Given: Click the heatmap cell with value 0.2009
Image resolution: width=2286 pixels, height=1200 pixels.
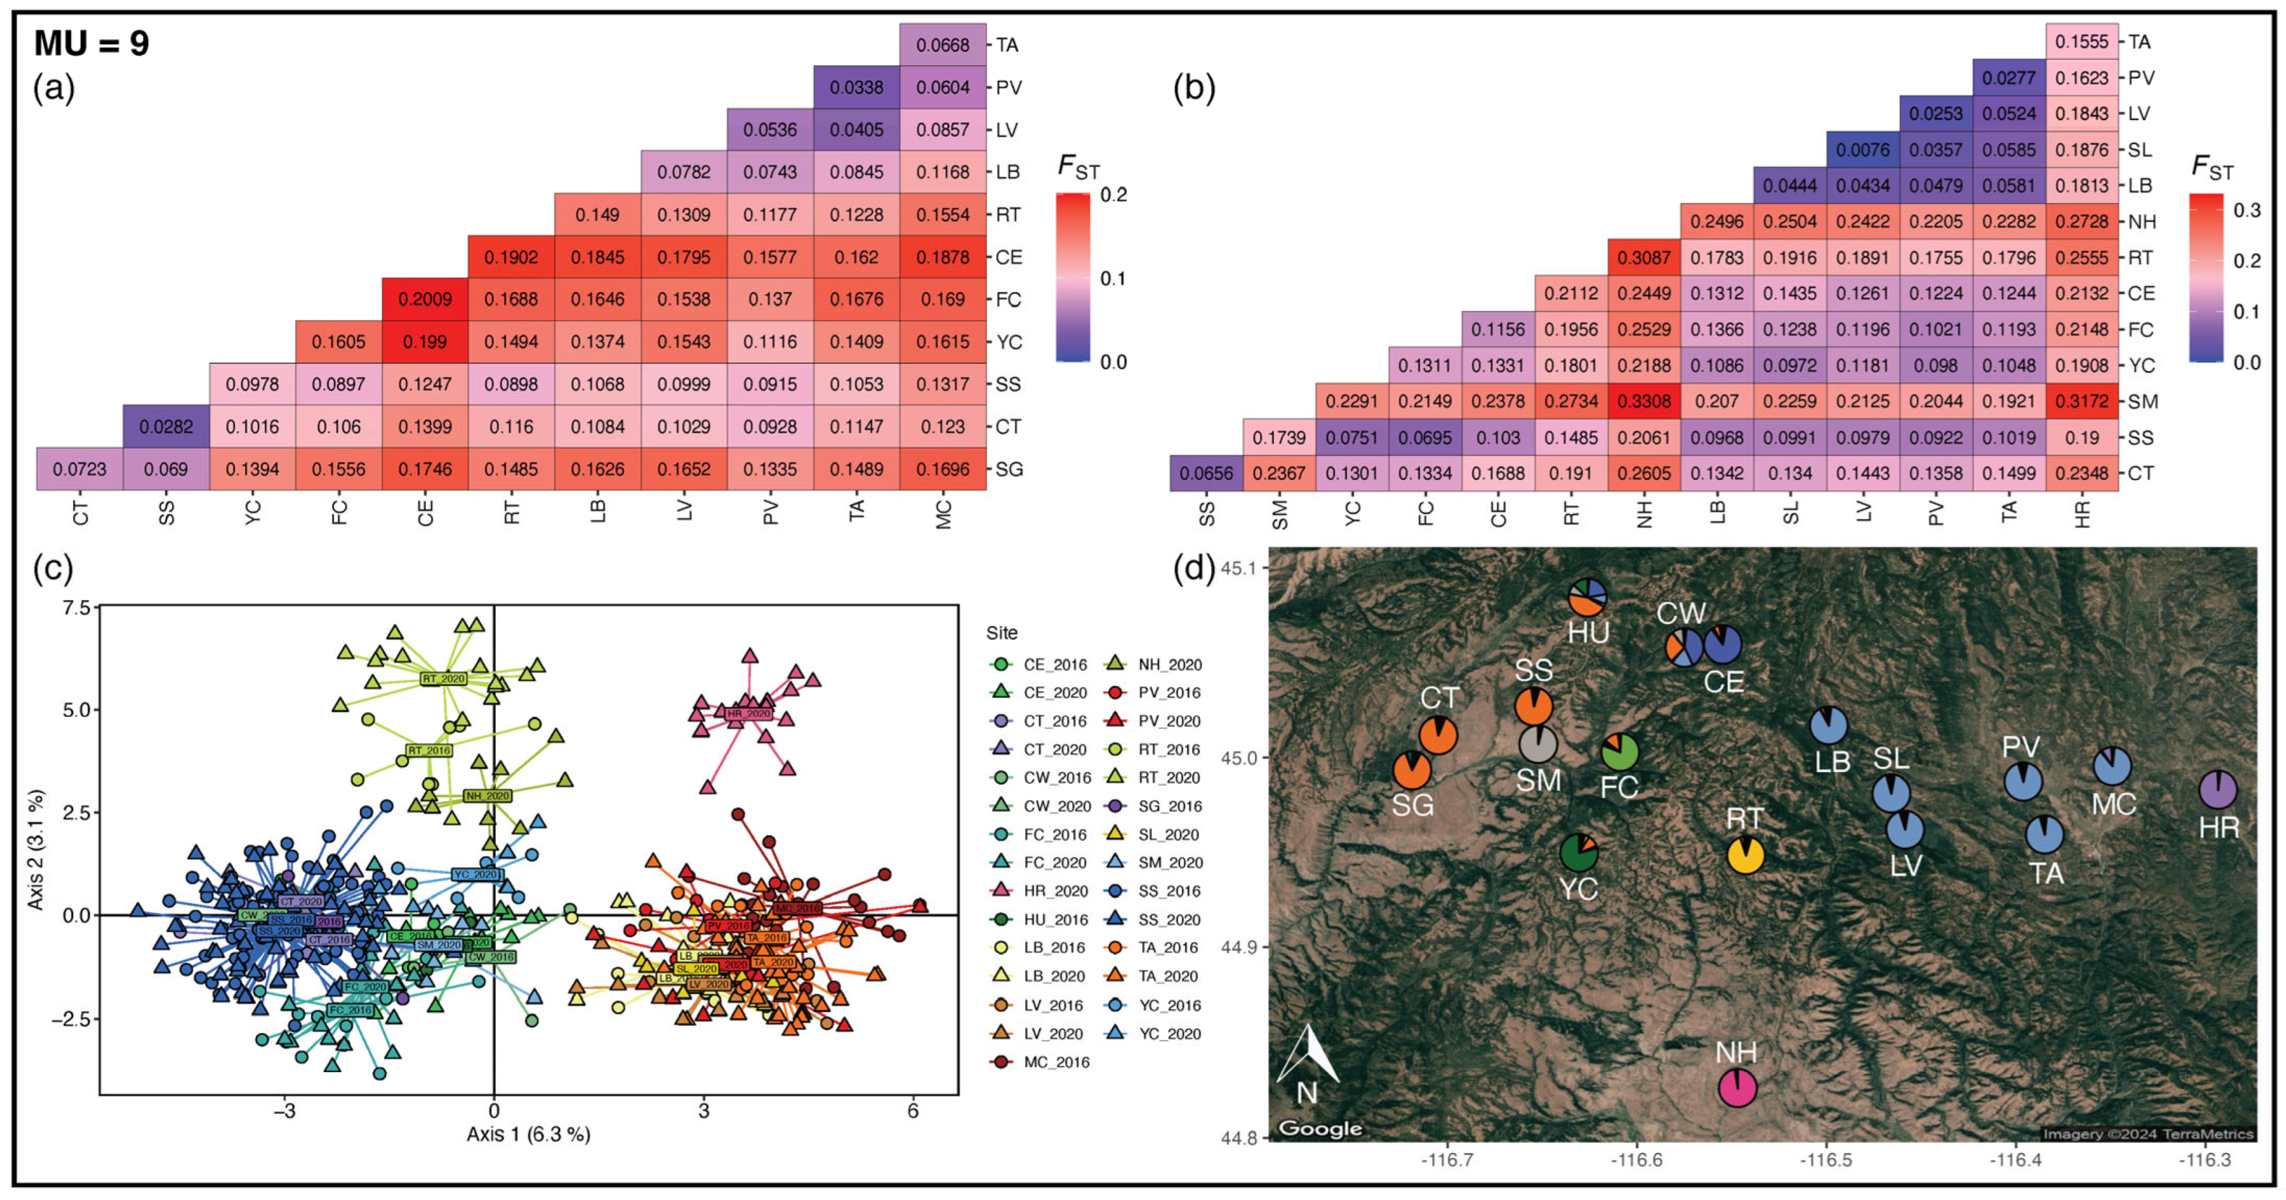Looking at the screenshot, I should [425, 299].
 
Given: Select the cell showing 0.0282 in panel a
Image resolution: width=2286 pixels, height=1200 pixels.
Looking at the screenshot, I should [166, 427].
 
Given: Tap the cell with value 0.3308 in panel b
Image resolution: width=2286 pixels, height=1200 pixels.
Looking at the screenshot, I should [1644, 401].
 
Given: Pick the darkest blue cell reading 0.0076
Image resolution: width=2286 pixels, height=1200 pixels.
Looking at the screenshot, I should [1863, 149].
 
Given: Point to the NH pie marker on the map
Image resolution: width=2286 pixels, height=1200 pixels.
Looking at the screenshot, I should [1737, 1087].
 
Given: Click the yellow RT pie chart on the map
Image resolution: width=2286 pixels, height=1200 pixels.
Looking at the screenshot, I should [1745, 855].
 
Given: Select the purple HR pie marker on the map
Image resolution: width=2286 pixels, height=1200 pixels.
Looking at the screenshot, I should [2217, 789].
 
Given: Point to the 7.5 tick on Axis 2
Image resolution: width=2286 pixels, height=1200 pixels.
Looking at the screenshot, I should [76, 608].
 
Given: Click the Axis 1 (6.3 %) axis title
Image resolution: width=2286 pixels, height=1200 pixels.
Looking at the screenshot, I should [528, 1133].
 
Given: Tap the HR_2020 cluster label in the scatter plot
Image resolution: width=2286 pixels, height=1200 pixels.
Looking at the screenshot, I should [747, 713].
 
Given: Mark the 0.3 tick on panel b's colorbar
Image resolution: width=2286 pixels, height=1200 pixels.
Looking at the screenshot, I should [2247, 211].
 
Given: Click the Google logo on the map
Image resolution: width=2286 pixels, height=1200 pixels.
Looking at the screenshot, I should [1319, 1128].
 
